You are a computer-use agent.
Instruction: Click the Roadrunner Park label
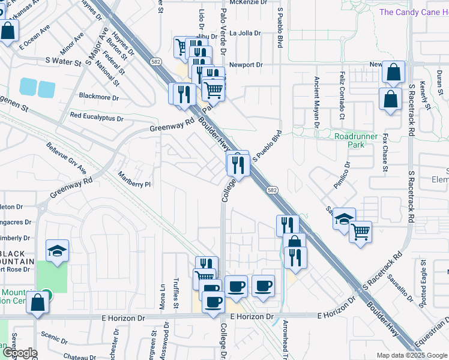(356, 140)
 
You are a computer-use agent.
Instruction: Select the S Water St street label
(63, 62)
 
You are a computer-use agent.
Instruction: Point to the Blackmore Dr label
(99, 97)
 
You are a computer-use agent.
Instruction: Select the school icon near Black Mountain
(57, 250)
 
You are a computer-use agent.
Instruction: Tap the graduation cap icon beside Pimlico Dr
(345, 218)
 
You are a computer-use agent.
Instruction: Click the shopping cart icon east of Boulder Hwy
(360, 232)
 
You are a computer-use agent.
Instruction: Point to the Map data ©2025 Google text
(411, 355)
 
